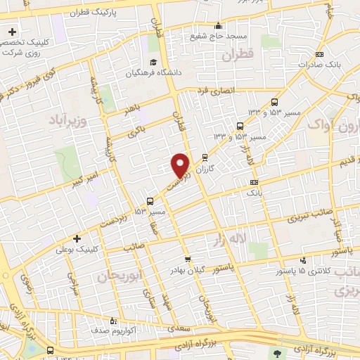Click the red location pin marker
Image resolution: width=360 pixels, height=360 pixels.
181,165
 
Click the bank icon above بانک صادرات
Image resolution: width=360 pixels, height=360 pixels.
321,54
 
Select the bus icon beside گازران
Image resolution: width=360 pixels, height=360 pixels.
205,158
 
